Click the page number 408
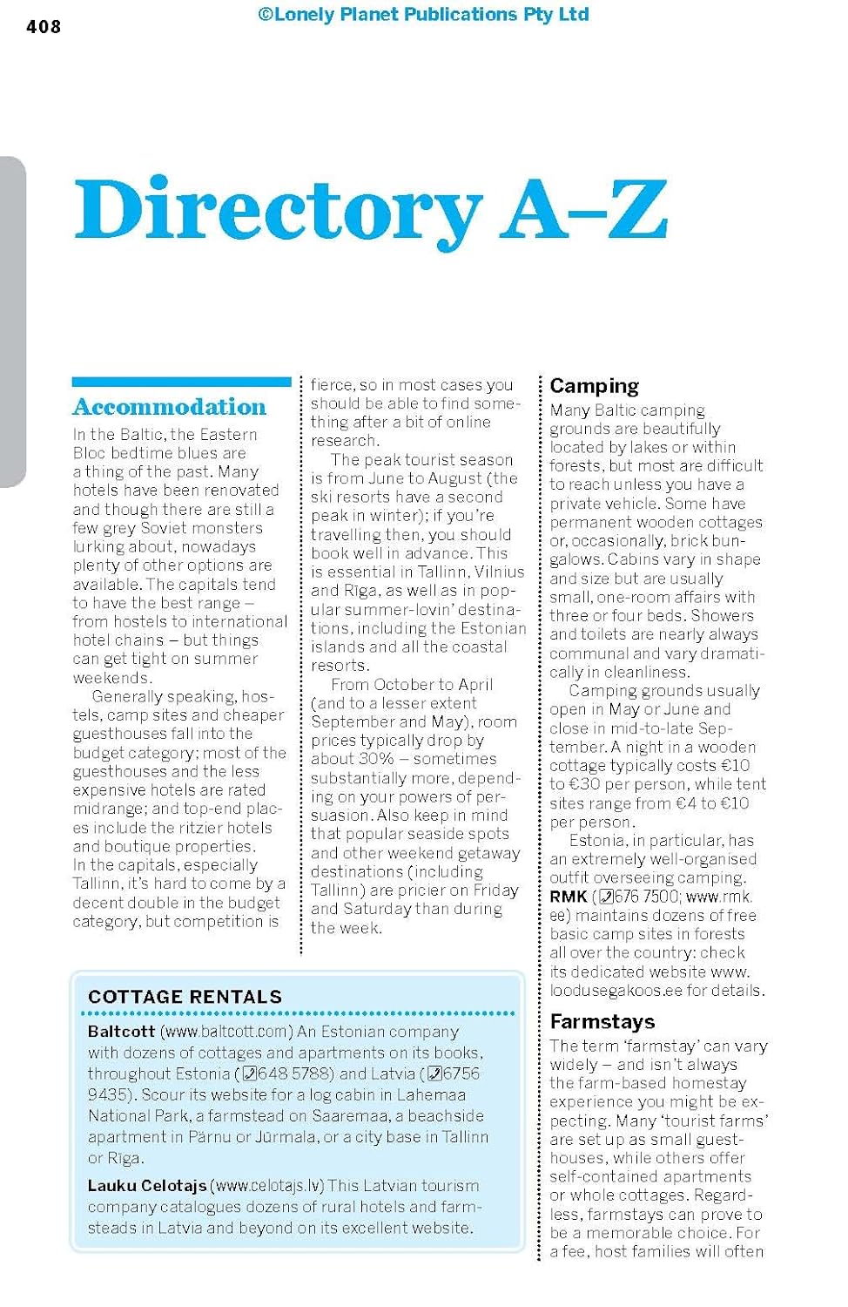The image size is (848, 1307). pos(44,27)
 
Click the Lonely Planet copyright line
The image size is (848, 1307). pos(423,14)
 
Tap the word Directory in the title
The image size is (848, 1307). pos(278,210)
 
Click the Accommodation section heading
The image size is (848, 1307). pos(170,407)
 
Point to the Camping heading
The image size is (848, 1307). pos(594,386)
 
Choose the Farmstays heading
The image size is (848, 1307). pos(602,1021)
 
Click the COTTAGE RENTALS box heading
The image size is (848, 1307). pos(185,997)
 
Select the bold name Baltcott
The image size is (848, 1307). pos(121,1032)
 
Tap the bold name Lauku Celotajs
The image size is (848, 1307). pos(147,1186)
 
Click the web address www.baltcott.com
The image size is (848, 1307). pos(227,1032)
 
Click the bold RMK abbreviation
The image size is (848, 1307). pos(569,897)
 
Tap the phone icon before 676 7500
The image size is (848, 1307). pos(606,897)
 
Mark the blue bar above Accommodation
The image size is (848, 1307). pos(181,382)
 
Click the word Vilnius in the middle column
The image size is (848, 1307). pos(499,572)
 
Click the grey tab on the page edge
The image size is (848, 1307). pos(12,322)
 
